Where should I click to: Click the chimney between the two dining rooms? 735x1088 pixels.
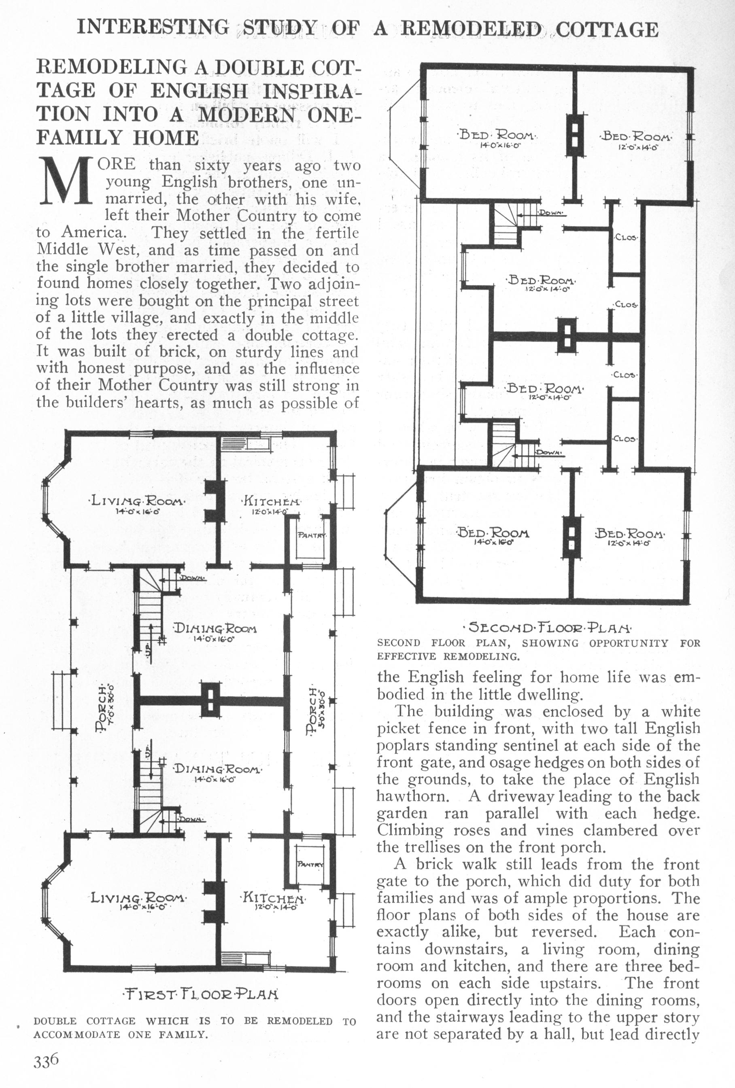[210, 700]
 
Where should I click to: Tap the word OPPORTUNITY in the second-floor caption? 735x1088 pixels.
[629, 643]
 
